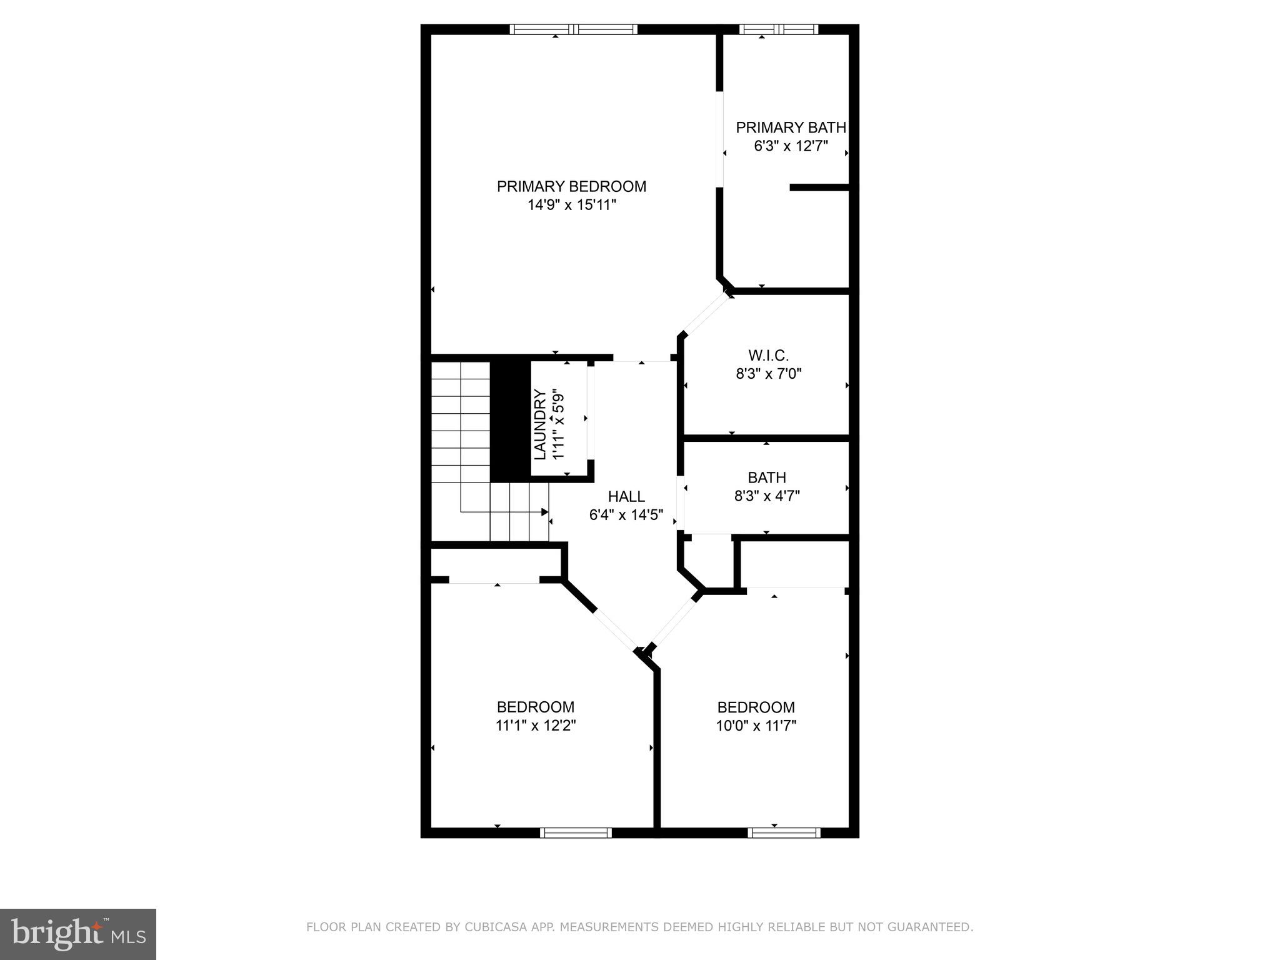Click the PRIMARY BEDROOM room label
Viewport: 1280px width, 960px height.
(571, 186)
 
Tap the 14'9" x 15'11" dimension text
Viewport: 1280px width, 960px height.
(571, 205)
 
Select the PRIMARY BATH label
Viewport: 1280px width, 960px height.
(791, 127)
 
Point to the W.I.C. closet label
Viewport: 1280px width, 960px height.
(768, 356)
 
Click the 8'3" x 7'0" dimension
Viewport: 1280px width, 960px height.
(768, 374)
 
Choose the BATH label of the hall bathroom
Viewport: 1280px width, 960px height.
(767, 477)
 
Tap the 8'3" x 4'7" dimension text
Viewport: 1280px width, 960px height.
(767, 496)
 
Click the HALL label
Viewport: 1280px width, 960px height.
(626, 497)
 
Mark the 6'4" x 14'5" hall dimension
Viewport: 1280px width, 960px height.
(626, 516)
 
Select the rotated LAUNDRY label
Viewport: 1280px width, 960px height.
(541, 424)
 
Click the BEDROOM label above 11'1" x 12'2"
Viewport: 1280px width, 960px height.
(536, 707)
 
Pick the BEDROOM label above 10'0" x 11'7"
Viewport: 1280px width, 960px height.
(756, 707)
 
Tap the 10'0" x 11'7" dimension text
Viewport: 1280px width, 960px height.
(756, 726)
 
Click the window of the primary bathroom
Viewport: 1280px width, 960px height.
(778, 29)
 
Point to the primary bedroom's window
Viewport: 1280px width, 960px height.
(573, 29)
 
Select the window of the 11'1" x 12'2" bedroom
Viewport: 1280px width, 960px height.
(576, 832)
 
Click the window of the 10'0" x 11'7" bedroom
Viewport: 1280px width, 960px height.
(784, 832)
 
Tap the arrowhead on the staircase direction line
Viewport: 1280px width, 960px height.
(544, 512)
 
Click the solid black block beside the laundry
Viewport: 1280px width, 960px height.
(510, 421)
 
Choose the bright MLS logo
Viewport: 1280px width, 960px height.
(78, 934)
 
